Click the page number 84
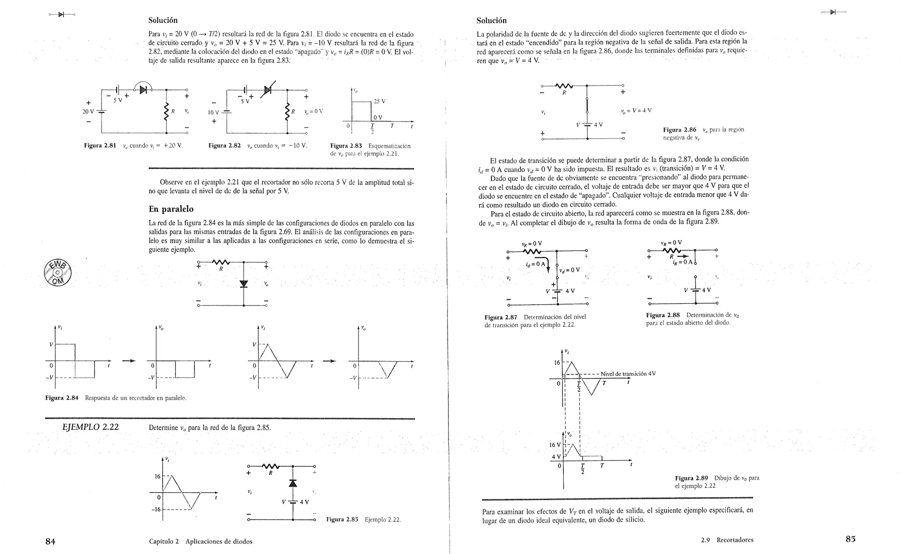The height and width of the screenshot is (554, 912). (x=50, y=541)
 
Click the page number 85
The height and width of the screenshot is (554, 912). (x=851, y=539)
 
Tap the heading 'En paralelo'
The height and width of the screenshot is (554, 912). (x=171, y=209)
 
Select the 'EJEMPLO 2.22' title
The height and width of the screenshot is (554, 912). (x=90, y=427)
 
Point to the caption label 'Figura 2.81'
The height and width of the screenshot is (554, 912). (x=100, y=146)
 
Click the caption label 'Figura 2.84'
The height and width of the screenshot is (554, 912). (x=62, y=398)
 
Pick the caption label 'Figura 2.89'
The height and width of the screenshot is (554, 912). (x=691, y=478)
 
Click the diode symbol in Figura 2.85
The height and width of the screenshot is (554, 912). (x=293, y=483)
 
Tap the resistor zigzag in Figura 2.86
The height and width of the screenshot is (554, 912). (x=564, y=86)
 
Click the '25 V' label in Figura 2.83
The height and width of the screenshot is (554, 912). (x=379, y=102)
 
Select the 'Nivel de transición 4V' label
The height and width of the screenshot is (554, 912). (x=628, y=374)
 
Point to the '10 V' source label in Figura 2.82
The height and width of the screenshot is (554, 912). (x=214, y=113)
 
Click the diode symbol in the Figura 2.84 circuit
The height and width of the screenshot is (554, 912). (x=244, y=284)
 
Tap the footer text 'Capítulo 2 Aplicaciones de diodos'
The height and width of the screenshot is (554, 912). (x=201, y=542)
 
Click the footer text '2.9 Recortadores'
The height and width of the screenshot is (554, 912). (x=727, y=540)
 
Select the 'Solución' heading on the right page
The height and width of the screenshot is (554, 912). (x=491, y=20)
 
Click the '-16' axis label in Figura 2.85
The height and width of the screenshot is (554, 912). (x=156, y=509)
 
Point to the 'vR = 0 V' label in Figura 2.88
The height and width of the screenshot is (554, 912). (x=672, y=243)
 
